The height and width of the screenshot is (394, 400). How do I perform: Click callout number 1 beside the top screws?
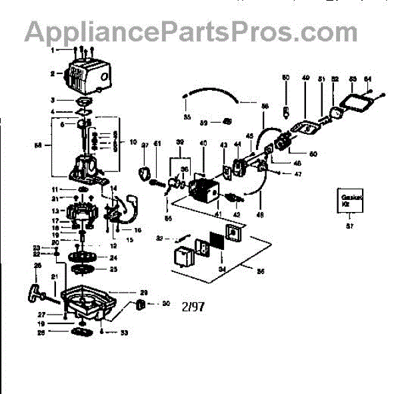coord(52,50)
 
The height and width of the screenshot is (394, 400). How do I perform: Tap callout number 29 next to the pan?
coord(143,293)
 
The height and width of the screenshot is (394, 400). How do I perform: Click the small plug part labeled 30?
coord(140,305)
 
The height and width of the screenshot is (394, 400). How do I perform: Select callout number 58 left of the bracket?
coord(37,143)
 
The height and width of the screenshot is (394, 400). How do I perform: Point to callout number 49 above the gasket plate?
coord(305,79)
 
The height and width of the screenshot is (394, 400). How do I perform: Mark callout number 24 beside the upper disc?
coord(113,257)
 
